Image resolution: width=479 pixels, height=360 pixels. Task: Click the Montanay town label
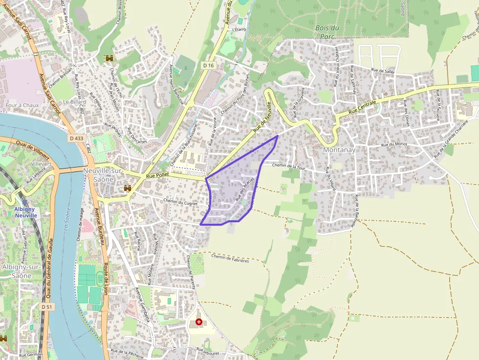click(339, 150)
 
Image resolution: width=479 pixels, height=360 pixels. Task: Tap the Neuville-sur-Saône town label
click(103, 175)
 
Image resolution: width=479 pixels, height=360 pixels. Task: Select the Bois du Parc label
click(327, 32)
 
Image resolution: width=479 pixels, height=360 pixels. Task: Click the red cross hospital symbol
click(198, 322)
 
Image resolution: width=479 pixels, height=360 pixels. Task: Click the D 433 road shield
click(76, 138)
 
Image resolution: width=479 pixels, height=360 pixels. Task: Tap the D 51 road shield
click(46, 307)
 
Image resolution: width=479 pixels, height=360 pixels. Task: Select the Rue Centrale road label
click(363, 108)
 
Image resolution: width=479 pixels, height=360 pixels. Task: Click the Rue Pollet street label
click(157, 175)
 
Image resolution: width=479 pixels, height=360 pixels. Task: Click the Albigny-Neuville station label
click(25, 212)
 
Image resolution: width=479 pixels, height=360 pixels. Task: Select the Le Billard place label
click(74, 102)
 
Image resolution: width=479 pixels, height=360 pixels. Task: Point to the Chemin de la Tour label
click(288, 166)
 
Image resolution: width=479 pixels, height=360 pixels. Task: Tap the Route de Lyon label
click(105, 279)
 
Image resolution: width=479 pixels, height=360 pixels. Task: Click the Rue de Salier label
click(383, 71)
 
